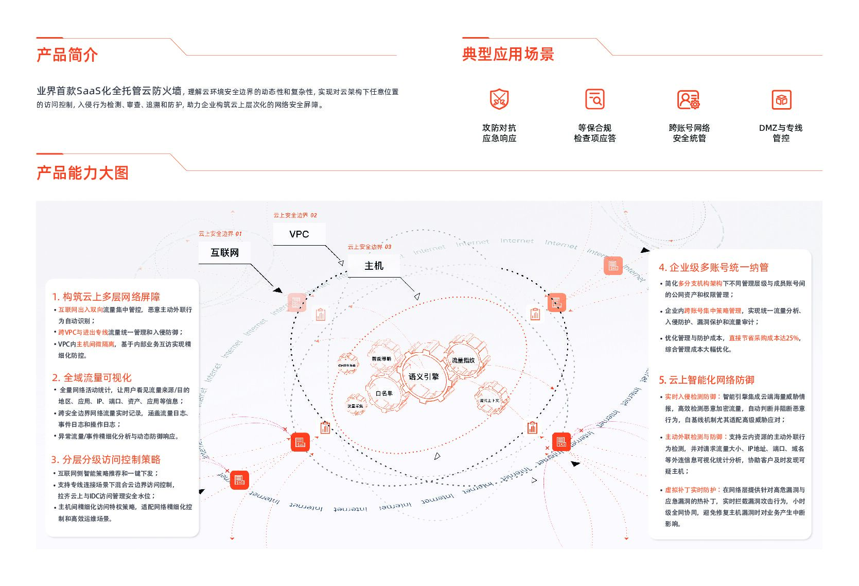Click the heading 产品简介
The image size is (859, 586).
(x=67, y=55)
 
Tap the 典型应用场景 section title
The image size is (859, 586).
(x=507, y=54)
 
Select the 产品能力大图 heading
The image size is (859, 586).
(x=82, y=173)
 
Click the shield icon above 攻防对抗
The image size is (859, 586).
(x=499, y=99)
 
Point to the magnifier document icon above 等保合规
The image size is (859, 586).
(x=595, y=99)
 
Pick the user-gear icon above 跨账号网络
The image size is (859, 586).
(x=688, y=99)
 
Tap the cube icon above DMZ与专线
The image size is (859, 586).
(x=781, y=99)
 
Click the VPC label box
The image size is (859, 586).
(x=299, y=234)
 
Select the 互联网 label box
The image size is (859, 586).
(x=225, y=253)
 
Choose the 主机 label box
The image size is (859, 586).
(x=374, y=266)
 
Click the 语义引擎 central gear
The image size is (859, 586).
(x=424, y=376)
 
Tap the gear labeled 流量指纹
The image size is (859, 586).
(x=463, y=360)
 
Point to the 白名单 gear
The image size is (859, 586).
(x=384, y=393)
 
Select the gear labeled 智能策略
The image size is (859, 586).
(x=381, y=358)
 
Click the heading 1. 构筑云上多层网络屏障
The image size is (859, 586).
(x=106, y=297)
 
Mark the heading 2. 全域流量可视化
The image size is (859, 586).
(x=92, y=377)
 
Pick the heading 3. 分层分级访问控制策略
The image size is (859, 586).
(x=106, y=459)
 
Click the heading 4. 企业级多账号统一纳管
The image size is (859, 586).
(x=713, y=267)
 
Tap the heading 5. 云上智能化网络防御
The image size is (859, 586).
(x=706, y=380)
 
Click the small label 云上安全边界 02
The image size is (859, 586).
(x=295, y=215)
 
